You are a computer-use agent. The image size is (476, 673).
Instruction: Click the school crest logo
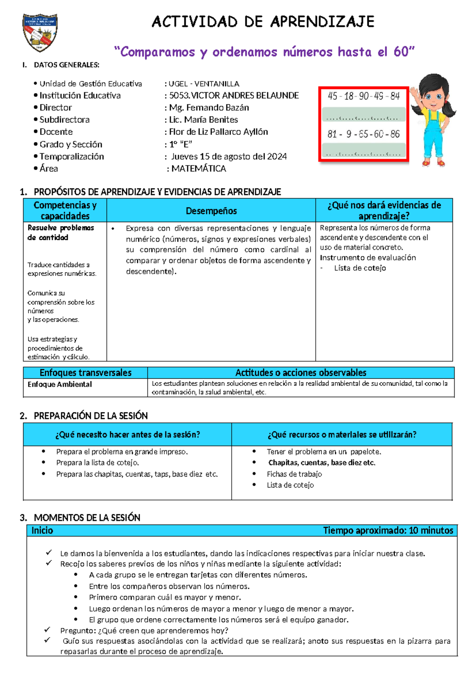tap(40, 33)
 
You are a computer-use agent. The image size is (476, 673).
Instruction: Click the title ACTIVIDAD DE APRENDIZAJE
tap(263, 22)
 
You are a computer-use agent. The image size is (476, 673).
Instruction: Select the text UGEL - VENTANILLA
tap(204, 84)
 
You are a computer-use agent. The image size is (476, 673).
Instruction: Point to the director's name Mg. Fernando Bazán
tap(209, 108)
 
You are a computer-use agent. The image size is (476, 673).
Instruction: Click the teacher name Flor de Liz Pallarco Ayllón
tap(219, 132)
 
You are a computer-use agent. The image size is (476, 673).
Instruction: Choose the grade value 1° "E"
tap(180, 144)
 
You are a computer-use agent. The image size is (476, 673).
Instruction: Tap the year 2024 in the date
tap(277, 156)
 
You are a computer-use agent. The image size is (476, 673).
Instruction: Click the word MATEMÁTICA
tap(199, 169)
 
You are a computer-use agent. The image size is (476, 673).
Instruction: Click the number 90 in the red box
tap(364, 96)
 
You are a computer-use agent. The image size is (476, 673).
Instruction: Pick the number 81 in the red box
tap(332, 134)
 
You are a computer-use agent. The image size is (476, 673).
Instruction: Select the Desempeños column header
tap(211, 211)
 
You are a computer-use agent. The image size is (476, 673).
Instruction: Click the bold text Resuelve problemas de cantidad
tap(61, 233)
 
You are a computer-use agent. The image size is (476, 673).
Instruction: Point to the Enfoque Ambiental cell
tap(59, 384)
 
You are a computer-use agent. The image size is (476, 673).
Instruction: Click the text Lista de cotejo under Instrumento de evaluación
tap(360, 268)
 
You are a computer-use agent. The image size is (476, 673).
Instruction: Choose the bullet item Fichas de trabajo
tap(294, 474)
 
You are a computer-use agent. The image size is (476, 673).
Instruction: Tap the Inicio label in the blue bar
tap(42, 531)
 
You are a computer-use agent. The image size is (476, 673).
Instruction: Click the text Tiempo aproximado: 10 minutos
tap(388, 531)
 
